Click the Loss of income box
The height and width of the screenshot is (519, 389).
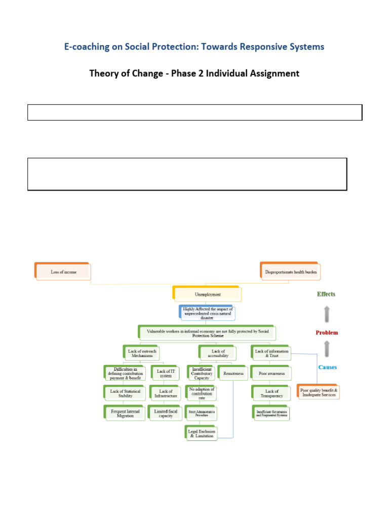point(63,272)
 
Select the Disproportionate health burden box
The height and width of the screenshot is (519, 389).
point(292,272)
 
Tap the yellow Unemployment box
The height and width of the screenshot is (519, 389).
point(208,294)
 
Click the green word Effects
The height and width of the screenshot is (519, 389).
point(326,294)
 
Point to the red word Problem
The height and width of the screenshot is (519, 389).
point(327,333)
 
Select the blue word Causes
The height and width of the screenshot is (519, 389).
point(327,367)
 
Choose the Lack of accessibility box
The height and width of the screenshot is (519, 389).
point(219,353)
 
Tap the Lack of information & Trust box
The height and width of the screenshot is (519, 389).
point(271,353)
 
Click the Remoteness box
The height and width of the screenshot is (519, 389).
point(233,374)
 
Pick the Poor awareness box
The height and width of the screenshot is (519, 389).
point(272,374)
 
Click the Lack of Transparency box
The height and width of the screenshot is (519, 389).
point(272,394)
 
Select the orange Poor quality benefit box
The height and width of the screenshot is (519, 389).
point(319,392)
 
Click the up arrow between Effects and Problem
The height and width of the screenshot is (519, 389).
point(327,314)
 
